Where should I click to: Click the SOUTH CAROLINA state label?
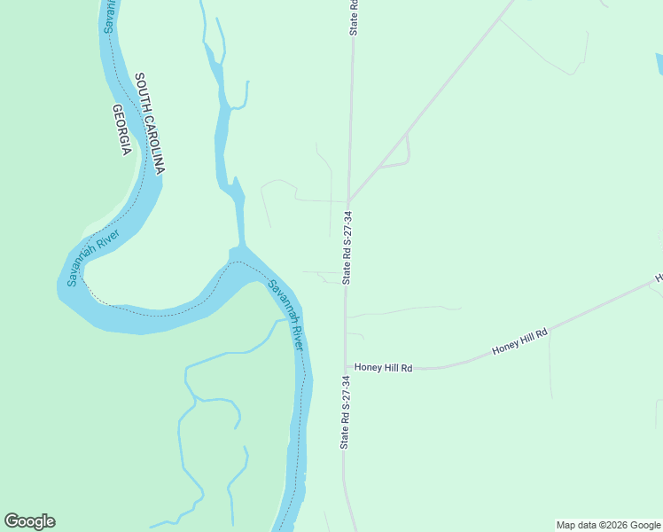tap(150, 123)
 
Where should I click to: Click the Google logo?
tap(29, 521)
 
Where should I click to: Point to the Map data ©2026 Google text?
tap(608, 525)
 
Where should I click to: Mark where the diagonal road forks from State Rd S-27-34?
tap(349, 200)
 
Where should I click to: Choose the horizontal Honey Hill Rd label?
tap(384, 367)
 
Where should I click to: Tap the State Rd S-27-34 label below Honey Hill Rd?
tap(346, 411)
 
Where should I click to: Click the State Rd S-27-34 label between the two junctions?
tap(347, 248)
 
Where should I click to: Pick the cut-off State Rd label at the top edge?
tap(354, 17)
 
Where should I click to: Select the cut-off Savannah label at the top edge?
tap(109, 15)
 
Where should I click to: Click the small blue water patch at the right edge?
tap(659, 64)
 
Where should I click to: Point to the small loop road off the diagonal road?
tap(399, 153)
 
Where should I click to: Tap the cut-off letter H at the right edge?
tap(659, 278)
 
